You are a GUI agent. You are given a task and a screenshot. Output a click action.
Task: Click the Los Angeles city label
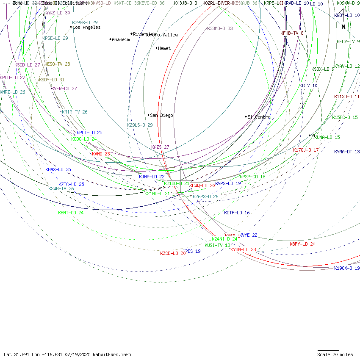pos(86,28)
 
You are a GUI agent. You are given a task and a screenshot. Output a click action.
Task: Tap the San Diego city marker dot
pos(148,115)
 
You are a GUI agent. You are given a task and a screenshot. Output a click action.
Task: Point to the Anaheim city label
pos(121,39)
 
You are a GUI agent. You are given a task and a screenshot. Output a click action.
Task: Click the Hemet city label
pos(164,49)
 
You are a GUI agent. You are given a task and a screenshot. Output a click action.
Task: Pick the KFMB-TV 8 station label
pos(292,33)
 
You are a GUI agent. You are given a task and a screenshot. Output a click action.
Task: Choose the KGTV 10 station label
pos(308,86)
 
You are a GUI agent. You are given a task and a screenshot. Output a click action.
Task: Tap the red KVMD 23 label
pos(101,154)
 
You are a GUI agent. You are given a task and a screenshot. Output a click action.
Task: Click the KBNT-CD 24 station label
pos(71,213)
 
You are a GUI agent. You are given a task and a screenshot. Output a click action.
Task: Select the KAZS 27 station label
pos(160,147)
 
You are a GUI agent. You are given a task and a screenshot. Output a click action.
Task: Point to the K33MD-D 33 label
pos(220,29)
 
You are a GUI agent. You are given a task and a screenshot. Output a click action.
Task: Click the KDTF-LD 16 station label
pos(237,213)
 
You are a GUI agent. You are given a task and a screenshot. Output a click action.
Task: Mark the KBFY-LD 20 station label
pos(302,244)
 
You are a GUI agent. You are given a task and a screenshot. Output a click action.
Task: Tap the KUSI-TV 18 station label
pos(217,245)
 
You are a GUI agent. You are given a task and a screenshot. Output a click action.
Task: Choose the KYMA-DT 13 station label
pos(347,152)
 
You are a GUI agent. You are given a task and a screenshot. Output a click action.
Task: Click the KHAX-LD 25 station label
pos(58,169)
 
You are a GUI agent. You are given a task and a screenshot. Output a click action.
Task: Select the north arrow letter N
pos(343,27)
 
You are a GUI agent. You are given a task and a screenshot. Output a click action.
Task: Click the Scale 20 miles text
pos(335,354)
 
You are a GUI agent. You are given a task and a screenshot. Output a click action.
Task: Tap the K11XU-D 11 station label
pos(347,97)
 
